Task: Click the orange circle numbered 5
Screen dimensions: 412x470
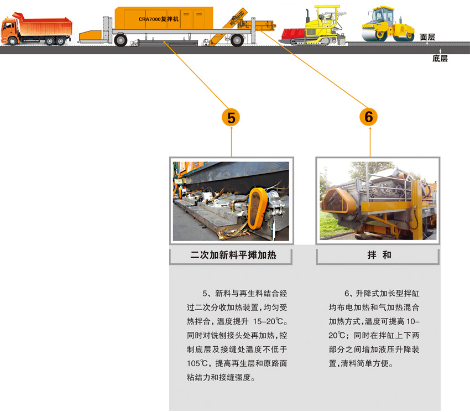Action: (231, 117)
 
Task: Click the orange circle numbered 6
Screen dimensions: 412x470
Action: (369, 117)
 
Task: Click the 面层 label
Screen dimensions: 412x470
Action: (427, 37)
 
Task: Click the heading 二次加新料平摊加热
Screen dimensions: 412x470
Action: (232, 255)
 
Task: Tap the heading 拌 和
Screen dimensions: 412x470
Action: (378, 255)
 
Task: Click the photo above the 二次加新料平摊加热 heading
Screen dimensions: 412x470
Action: (231, 201)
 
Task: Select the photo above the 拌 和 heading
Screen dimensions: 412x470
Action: (378, 201)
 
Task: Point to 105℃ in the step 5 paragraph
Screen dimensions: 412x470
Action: (197, 363)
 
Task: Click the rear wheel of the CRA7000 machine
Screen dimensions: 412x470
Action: (237, 40)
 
